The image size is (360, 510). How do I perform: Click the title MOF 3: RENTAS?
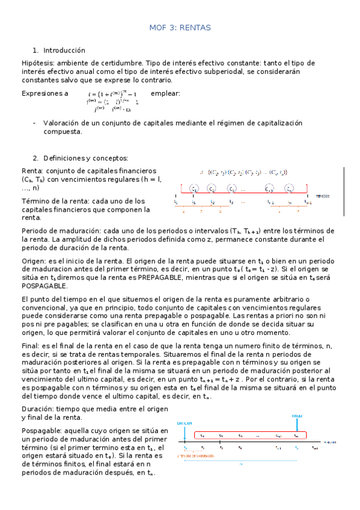(180, 28)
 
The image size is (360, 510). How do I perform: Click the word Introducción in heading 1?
(64, 50)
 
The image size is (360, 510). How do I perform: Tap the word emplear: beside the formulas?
(165, 93)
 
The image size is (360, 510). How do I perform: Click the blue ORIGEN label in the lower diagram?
(185, 423)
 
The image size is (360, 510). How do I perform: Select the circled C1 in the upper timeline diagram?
(194, 188)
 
